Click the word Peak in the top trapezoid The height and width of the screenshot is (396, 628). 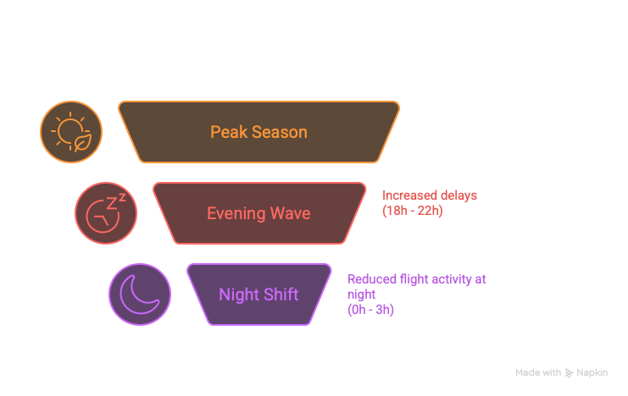coord(225,133)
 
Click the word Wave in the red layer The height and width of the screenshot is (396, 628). coord(291,214)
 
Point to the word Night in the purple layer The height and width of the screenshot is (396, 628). coord(237,295)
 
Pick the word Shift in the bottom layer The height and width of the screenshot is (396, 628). coord(280,295)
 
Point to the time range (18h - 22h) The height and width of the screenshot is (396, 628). coord(412,210)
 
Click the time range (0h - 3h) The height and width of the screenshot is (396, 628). coord(370,310)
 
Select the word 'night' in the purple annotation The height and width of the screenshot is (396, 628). coord(360,294)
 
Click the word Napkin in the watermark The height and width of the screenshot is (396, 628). coord(592,373)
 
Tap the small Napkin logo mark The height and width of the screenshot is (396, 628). coord(570,373)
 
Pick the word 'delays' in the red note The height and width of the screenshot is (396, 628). coord(458,195)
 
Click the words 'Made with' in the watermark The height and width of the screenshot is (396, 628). coord(538,373)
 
